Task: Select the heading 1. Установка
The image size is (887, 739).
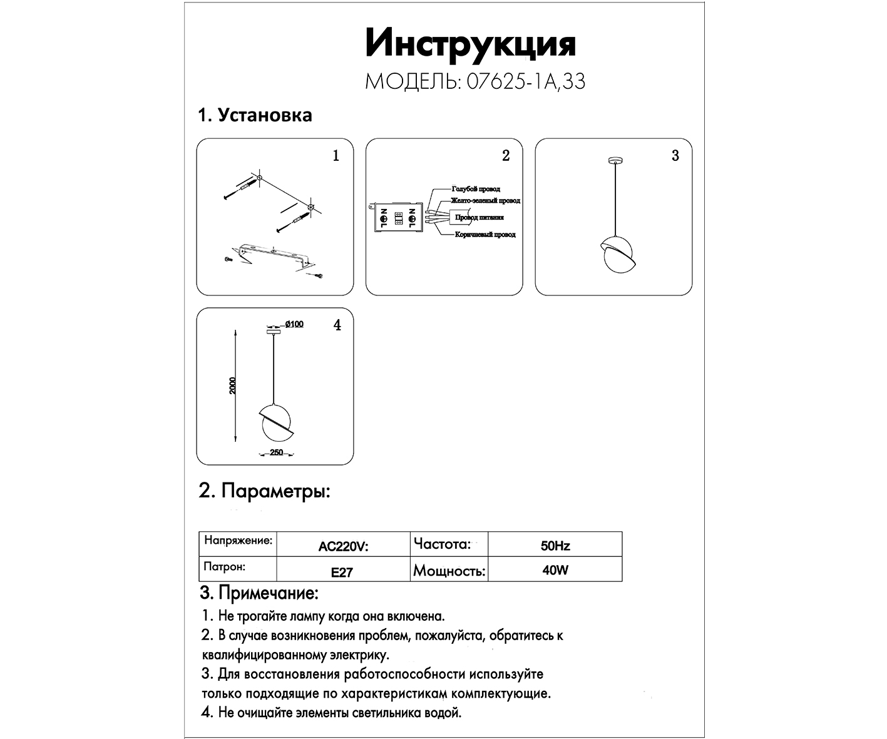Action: pos(255,116)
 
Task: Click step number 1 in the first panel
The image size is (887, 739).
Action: pos(336,156)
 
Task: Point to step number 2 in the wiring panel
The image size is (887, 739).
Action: pos(506,156)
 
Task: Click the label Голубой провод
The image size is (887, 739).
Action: pos(476,188)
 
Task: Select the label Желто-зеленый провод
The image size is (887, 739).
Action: pos(486,201)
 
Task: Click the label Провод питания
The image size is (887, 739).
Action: pos(479,218)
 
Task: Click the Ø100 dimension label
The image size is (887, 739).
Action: pos(294,324)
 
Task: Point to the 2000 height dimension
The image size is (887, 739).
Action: pos(233,385)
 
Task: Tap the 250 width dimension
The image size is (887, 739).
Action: pos(276,452)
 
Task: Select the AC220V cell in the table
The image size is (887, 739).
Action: pos(343,546)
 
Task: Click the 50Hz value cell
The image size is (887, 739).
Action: pos(555,546)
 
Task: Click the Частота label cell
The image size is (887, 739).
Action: pos(442,544)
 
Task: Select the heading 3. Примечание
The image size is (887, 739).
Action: pos(259,593)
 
